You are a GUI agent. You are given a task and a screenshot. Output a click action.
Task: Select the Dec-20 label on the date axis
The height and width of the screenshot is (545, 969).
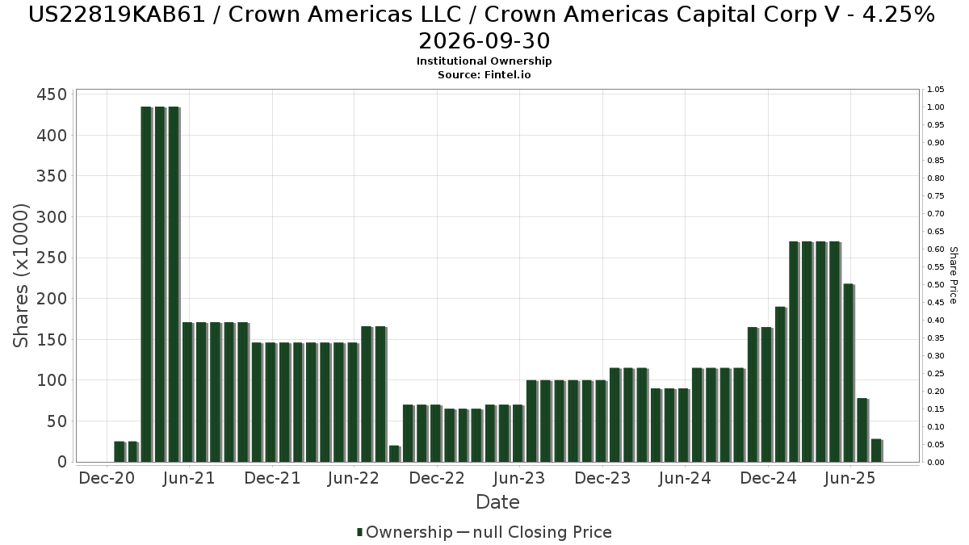point(106,478)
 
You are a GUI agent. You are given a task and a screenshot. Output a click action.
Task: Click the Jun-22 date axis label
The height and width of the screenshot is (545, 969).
point(354,478)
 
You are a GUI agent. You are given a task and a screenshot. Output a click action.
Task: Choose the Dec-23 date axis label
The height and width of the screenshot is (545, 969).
point(602,478)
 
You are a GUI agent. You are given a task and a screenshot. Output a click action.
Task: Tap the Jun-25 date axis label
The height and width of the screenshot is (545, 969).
point(849,478)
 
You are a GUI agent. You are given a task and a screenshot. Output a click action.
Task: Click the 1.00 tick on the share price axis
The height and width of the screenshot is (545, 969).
point(935,107)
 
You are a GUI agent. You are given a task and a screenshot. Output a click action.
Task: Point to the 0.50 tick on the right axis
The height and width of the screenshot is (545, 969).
point(935,285)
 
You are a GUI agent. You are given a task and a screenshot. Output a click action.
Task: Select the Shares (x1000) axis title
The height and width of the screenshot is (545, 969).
point(22,275)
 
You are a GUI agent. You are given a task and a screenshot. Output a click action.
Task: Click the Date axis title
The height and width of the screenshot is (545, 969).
point(497,502)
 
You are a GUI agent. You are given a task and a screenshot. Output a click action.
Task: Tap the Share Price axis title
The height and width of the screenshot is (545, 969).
point(953,275)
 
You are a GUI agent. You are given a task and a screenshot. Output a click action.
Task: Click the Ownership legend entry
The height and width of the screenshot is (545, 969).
point(405,532)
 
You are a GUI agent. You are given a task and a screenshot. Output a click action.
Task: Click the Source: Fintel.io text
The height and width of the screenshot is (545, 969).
point(484,74)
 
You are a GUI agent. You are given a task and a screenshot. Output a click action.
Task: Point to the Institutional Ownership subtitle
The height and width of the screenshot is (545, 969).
point(484,61)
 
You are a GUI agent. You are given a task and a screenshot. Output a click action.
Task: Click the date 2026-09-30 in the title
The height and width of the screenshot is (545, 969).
point(484,40)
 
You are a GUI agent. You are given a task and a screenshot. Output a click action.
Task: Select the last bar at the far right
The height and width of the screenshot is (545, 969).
point(875,451)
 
